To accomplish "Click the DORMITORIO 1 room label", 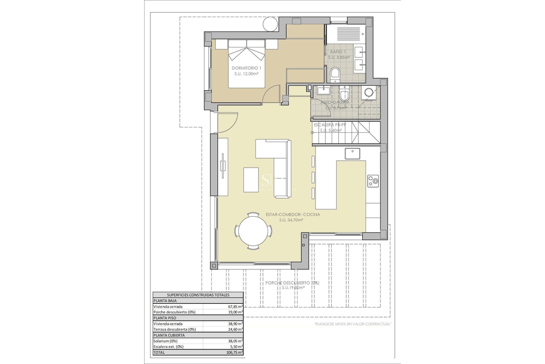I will (x=246, y=68).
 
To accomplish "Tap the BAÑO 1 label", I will (x=338, y=52).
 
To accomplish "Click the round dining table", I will (x=253, y=231).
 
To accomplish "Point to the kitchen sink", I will (x=352, y=154).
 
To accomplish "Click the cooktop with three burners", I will (x=373, y=181).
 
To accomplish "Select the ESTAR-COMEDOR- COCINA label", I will (x=293, y=215).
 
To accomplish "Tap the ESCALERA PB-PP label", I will (x=330, y=125).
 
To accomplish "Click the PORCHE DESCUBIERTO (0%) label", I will (x=292, y=283).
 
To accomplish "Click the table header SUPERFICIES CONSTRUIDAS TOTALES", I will (x=198, y=295).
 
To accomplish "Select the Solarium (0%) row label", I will (x=165, y=341).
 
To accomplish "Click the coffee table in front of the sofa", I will (x=251, y=180).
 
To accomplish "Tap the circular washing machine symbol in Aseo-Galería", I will (x=369, y=92).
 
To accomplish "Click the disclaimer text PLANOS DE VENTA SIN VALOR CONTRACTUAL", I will (x=353, y=324).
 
